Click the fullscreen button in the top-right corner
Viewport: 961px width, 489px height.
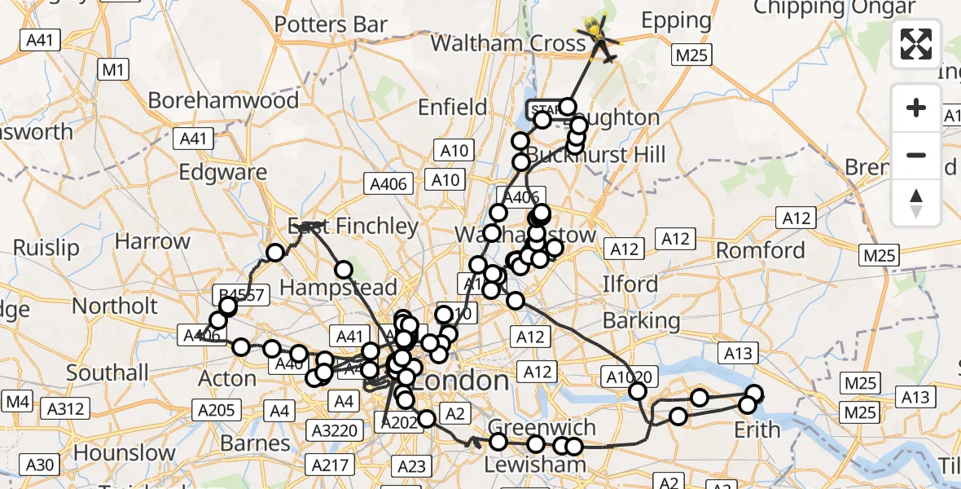(916, 44)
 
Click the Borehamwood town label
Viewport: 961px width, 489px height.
(223, 100)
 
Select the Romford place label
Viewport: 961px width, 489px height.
(760, 249)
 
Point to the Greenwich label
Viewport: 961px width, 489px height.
(542, 427)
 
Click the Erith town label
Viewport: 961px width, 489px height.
(757, 429)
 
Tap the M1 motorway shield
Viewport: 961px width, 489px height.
(113, 70)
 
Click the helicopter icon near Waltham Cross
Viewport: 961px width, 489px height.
(599, 34)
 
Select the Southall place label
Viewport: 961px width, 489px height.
(108, 372)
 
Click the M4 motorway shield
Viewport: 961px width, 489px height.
(17, 401)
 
